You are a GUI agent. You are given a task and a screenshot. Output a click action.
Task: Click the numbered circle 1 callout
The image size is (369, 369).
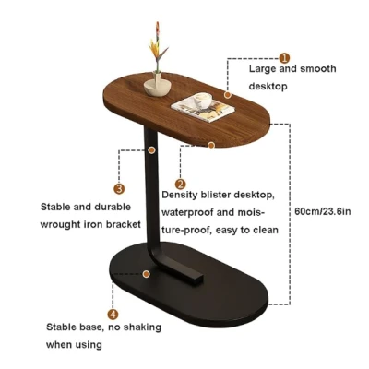[285, 57]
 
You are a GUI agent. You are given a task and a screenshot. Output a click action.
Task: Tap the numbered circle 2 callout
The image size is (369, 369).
[181, 184]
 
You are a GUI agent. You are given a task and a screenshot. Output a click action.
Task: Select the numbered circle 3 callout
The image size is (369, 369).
[119, 188]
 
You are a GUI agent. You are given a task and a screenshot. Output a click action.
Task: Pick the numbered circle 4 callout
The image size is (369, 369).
[113, 315]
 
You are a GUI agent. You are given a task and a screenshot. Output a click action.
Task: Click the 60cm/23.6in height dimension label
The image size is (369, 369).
[323, 211]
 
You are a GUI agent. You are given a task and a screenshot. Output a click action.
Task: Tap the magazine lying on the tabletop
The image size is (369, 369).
[203, 108]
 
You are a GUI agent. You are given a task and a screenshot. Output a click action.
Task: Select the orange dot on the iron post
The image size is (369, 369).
[151, 150]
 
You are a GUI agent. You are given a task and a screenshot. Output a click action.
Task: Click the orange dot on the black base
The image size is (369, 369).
[147, 274]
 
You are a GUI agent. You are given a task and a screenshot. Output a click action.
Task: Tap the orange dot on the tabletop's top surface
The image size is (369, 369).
[228, 95]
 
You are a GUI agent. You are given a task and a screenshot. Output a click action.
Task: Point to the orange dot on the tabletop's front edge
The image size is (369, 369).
[211, 145]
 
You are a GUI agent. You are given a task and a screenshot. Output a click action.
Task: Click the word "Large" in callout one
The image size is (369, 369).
[263, 69]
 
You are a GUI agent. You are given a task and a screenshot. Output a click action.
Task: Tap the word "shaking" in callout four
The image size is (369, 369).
[142, 327]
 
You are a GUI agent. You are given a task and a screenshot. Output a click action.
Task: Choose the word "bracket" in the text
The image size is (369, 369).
[124, 224]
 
